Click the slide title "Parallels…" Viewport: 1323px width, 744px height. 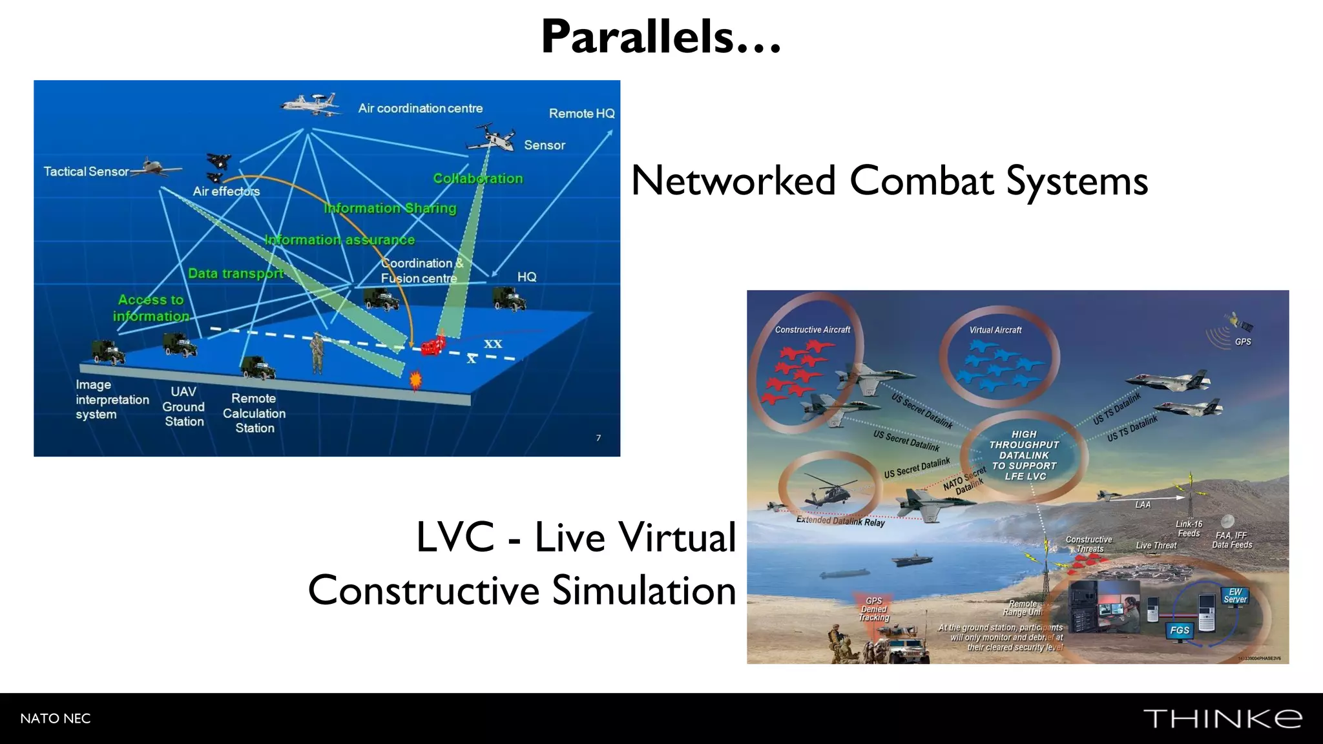[661, 37]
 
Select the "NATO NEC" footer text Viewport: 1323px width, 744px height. [56, 718]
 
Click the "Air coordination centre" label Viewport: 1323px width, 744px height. [421, 108]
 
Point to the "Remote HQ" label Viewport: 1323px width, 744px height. [581, 114]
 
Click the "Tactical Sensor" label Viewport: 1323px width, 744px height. [86, 172]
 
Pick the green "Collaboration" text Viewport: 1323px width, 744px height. [477, 178]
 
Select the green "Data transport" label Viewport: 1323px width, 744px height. [236, 273]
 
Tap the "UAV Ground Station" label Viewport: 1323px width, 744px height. [183, 406]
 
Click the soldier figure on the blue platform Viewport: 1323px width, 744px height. [317, 352]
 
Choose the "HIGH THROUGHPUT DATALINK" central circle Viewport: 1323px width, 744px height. [1024, 455]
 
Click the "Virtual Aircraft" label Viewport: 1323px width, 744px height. [995, 330]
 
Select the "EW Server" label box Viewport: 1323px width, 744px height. [1234, 595]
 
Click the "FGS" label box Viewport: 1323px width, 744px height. [1180, 630]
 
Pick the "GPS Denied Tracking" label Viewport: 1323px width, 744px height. [873, 609]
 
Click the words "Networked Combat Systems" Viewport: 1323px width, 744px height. [889, 180]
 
